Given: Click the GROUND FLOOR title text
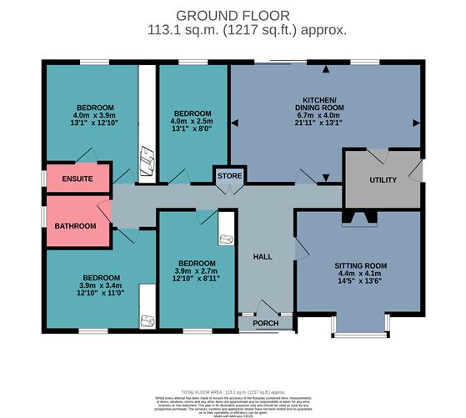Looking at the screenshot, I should click(x=233, y=15).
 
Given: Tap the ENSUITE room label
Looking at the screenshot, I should click(x=78, y=179).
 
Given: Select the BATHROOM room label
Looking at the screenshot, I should click(x=76, y=226).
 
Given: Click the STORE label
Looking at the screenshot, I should click(x=228, y=177).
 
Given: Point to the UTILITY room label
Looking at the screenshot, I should click(x=383, y=180).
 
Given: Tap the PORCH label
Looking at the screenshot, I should click(x=266, y=323).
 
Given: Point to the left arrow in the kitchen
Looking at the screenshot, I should click(x=235, y=123).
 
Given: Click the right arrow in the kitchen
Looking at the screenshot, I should click(x=415, y=123).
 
